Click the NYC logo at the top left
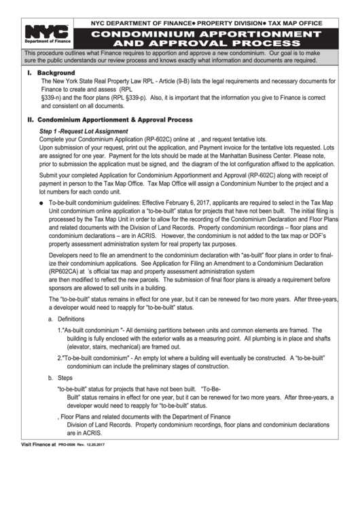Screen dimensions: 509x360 [x=46, y=32]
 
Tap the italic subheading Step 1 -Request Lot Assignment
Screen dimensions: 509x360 [x=84, y=130]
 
